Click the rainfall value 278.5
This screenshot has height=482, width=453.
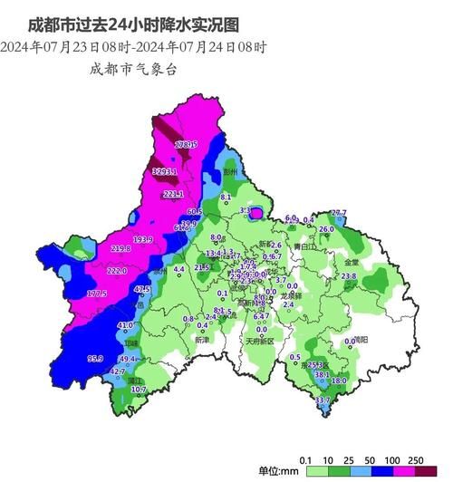click(x=187, y=145)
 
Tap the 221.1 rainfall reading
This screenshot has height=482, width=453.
click(x=174, y=194)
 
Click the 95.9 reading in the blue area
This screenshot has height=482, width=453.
click(x=95, y=359)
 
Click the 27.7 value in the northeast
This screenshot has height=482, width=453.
click(x=338, y=213)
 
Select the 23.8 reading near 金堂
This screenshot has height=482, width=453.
click(x=348, y=275)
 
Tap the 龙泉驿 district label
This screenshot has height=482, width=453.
click(x=292, y=295)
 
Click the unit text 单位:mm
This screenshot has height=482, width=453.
click(x=278, y=470)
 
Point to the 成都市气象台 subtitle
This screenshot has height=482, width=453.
click(x=130, y=67)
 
